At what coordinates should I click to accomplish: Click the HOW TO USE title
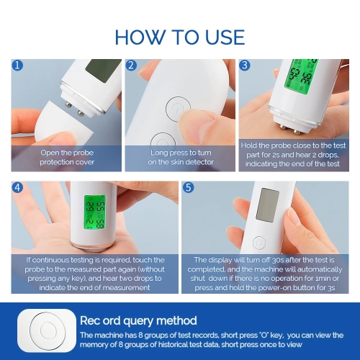click(x=180, y=37)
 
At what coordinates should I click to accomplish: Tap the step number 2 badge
click(x=132, y=66)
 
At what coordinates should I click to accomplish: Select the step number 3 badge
click(x=245, y=66)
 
